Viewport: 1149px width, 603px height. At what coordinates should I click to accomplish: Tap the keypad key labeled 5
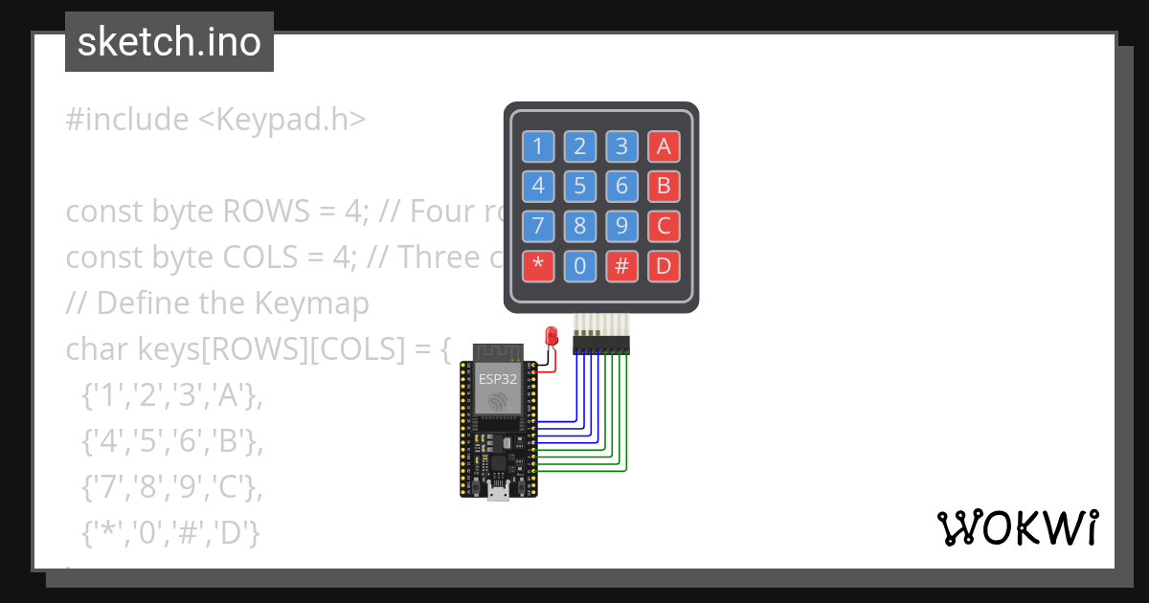click(x=579, y=185)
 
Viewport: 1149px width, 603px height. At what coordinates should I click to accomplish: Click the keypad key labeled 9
click(x=621, y=226)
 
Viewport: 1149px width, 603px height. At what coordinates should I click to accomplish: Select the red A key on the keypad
click(x=664, y=146)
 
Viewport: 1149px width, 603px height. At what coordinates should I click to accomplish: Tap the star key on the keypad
click(x=537, y=265)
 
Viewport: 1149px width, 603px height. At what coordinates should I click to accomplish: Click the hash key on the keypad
click(x=621, y=265)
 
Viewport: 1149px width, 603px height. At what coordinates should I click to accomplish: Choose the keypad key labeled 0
click(x=579, y=265)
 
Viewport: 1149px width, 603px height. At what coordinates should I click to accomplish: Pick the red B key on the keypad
click(x=664, y=185)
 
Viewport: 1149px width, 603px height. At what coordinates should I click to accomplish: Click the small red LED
click(x=552, y=336)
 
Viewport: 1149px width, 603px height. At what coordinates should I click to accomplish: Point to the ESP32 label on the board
click(x=498, y=379)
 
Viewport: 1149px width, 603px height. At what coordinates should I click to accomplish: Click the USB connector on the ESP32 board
click(x=498, y=492)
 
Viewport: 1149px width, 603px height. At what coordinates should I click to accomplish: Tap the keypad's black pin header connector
click(x=601, y=344)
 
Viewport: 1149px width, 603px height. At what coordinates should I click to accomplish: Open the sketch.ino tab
click(x=169, y=42)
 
